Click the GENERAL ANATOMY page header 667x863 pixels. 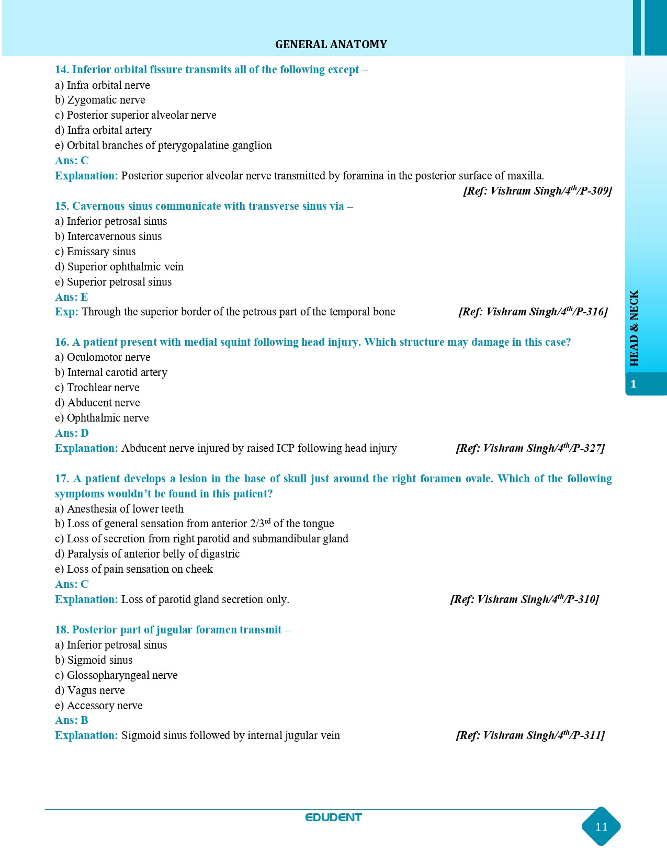coord(331,44)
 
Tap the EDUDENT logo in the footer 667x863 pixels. coord(333,817)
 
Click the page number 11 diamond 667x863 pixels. coord(601,826)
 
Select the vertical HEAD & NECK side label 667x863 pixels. coord(634,328)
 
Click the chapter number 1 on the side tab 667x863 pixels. coord(633,384)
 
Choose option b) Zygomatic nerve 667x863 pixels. coord(100,100)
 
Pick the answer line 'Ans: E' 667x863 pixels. coord(71,297)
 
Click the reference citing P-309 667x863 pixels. coord(537,191)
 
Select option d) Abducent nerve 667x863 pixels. coord(97,403)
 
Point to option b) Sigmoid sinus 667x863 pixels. coord(94,660)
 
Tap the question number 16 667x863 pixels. coord(62,342)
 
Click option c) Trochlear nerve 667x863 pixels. coord(97,388)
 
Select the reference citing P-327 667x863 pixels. coord(530,448)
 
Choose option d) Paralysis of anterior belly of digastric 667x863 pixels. coord(147,554)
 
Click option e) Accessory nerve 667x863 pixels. coord(99,706)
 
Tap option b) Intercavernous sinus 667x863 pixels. coord(108,236)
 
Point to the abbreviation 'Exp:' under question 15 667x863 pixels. coord(66,312)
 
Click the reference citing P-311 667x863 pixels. coord(530,735)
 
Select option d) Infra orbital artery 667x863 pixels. coord(103,130)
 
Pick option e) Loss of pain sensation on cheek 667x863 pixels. coord(134,569)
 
